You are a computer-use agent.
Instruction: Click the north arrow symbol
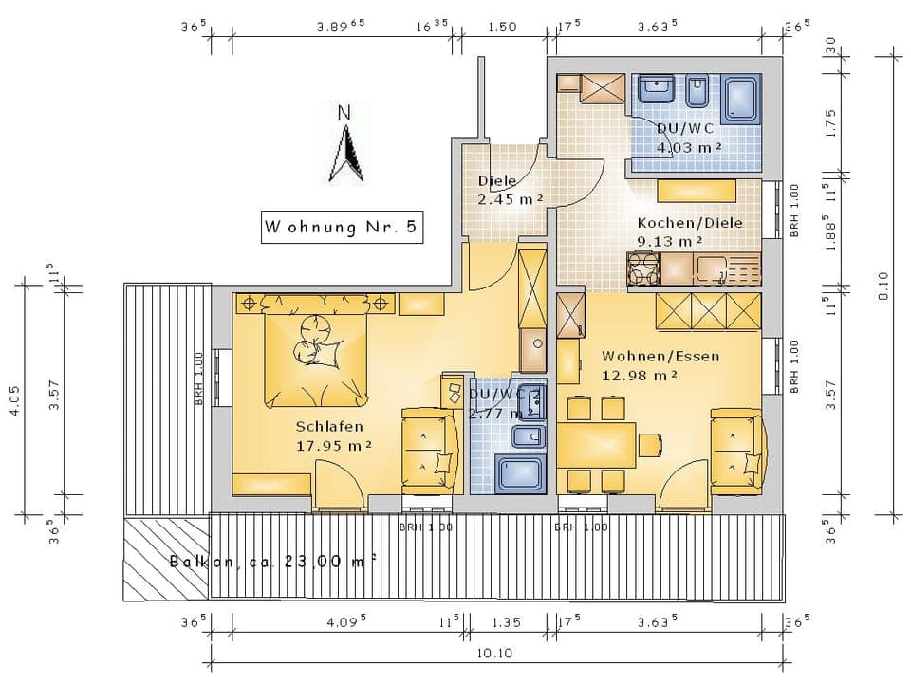coord(347,147)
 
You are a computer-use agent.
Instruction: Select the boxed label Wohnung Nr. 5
coord(342,229)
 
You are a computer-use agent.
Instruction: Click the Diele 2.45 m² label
coord(510,190)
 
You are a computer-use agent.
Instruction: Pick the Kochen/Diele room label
coord(690,231)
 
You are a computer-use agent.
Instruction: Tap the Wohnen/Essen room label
coord(660,365)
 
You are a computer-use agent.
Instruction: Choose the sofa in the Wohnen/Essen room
coord(736,451)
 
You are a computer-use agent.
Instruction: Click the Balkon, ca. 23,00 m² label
coord(273,561)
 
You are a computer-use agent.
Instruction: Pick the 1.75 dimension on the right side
coord(830,125)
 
